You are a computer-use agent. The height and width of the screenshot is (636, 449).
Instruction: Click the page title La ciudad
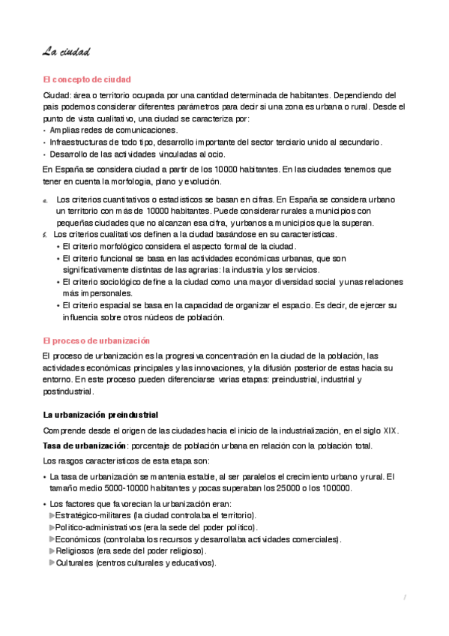[x=67, y=52]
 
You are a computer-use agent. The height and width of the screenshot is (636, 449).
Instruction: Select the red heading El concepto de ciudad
[x=87, y=79]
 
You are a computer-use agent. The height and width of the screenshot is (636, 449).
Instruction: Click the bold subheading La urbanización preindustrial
[x=100, y=415]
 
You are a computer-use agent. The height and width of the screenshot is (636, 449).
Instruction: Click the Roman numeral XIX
[x=391, y=430]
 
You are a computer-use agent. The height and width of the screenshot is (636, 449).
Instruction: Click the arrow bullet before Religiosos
[x=52, y=551]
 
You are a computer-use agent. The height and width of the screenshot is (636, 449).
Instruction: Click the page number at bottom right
[x=404, y=597]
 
